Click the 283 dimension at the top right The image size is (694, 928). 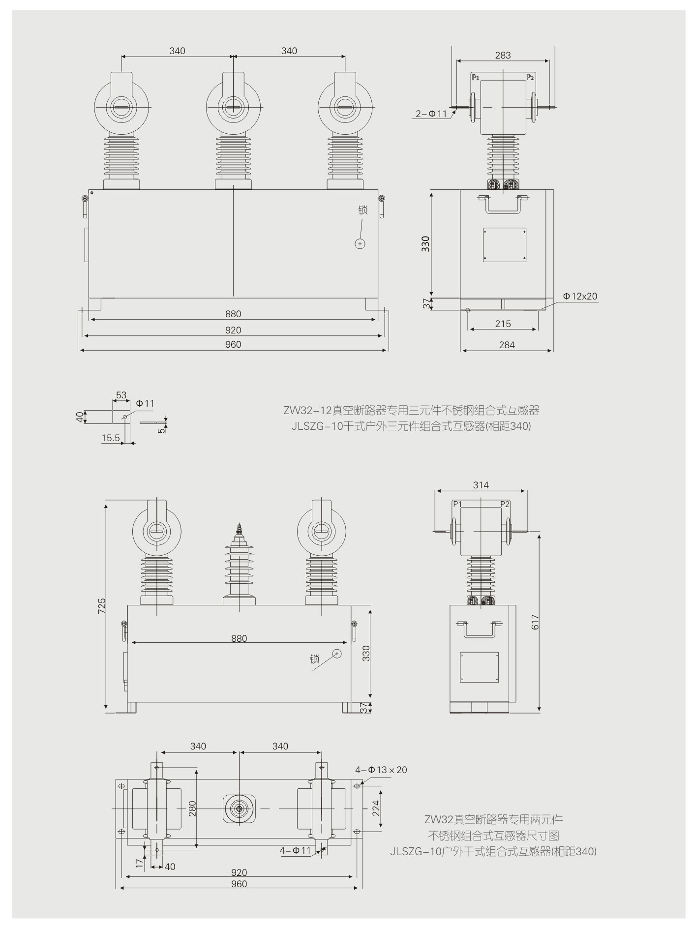pos(503,56)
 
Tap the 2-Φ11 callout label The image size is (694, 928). pos(431,114)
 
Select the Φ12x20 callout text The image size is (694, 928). pos(580,297)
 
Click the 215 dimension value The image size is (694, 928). pos(503,324)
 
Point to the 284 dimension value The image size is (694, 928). pos(507,345)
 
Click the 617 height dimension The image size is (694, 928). pos(535,622)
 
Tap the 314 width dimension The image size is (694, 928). pos(481,485)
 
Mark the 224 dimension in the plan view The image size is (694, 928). pos(376,808)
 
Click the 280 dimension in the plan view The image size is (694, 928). pos(193,808)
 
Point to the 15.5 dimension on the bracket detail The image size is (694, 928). pos(111,438)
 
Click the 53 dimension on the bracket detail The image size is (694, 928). pos(121,395)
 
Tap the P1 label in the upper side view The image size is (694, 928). pos(475,77)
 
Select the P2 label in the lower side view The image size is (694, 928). pos(505,504)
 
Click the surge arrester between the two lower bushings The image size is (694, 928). pos(239,566)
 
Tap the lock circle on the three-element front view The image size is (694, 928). pos(361,244)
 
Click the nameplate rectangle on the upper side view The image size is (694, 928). pos(505,244)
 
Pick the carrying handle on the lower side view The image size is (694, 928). pos(480,630)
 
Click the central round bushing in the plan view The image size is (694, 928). pos(240,808)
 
